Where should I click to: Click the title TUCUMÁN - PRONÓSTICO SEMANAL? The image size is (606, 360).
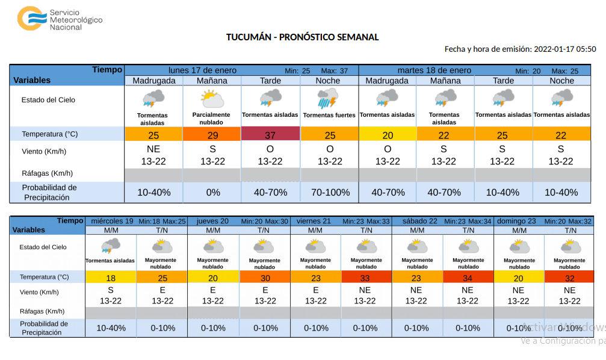pyautogui.click(x=302, y=37)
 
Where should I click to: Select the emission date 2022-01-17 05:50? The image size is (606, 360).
pyautogui.click(x=564, y=49)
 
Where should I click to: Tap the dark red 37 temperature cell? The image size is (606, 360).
pyautogui.click(x=270, y=135)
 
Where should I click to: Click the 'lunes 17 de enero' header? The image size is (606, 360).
pyautogui.click(x=202, y=70)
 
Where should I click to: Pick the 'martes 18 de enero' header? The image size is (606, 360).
pyautogui.click(x=434, y=70)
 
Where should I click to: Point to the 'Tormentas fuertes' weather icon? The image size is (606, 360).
pyautogui.click(x=329, y=98)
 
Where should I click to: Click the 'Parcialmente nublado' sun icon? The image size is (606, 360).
pyautogui.click(x=211, y=99)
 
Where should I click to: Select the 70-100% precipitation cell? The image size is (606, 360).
pyautogui.click(x=329, y=193)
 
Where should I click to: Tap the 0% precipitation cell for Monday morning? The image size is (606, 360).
pyautogui.click(x=212, y=193)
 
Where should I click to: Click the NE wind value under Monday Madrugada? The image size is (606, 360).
pyautogui.click(x=153, y=149)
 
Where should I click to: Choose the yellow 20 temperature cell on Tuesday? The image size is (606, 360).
pyautogui.click(x=387, y=135)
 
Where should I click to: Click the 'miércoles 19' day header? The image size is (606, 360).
pyautogui.click(x=112, y=221)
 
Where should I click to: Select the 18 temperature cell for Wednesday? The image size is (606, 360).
pyautogui.click(x=111, y=278)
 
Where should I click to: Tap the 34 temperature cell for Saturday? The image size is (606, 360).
pyautogui.click(x=468, y=278)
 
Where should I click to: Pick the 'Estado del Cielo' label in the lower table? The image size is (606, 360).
pyautogui.click(x=43, y=247)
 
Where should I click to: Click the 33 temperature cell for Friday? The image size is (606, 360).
pyautogui.click(x=365, y=278)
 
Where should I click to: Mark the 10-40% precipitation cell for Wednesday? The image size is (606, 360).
pyautogui.click(x=111, y=328)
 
